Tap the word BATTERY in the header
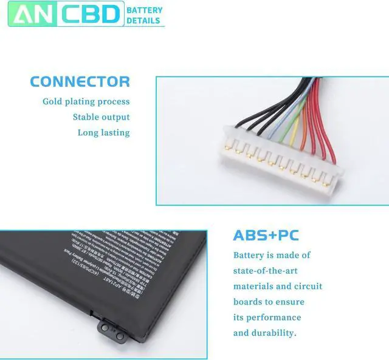(x=145, y=10)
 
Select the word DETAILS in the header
(x=143, y=21)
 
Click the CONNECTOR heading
(x=80, y=81)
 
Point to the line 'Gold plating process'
(x=86, y=101)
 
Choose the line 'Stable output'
(x=101, y=117)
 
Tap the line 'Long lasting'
(x=103, y=132)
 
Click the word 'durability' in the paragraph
(x=274, y=333)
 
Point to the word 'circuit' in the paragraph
(x=308, y=286)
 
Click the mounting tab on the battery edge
(x=108, y=327)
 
